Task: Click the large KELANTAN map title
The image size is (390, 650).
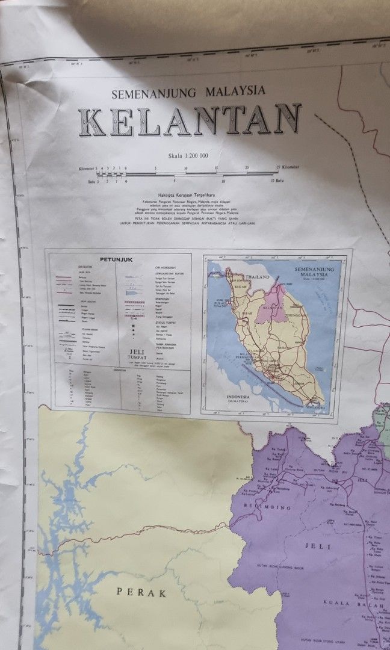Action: point(190,120)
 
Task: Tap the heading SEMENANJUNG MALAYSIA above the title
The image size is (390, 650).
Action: point(188,92)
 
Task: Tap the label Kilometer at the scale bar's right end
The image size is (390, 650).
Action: point(288,167)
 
